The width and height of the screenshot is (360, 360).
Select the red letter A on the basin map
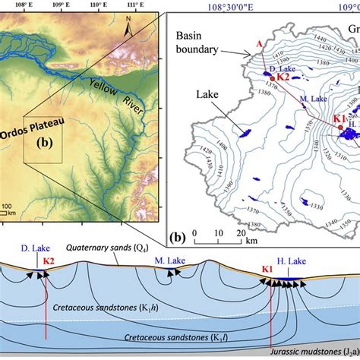coord(261,45)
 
